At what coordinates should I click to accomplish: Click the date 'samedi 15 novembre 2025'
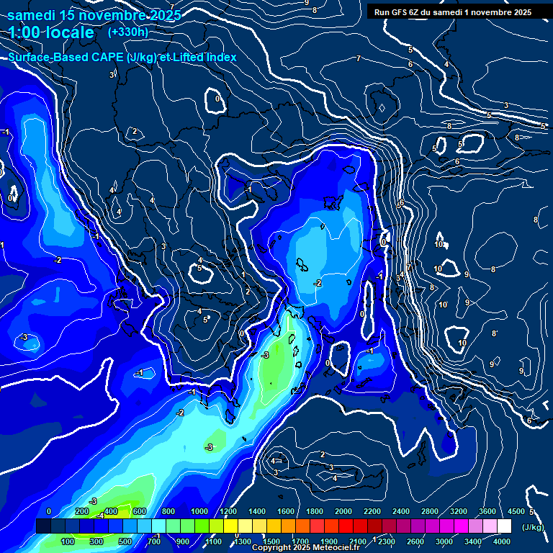tap(94, 14)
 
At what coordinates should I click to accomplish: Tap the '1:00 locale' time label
tap(51, 32)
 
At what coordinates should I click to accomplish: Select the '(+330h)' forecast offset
tap(128, 32)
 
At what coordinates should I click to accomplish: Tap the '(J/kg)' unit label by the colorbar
tap(532, 526)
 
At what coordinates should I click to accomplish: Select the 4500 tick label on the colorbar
tap(516, 511)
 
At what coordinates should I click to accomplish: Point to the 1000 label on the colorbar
tap(199, 511)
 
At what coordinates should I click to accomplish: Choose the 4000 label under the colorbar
tap(502, 541)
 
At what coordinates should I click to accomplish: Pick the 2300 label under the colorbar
tap(387, 541)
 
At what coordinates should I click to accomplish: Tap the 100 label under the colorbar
tap(68, 541)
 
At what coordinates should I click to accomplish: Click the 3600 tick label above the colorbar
tap(487, 511)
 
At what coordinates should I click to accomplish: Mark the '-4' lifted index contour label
tap(102, 515)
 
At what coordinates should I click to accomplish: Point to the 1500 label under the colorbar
tap(271, 541)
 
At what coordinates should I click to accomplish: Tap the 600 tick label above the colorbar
tap(140, 511)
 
